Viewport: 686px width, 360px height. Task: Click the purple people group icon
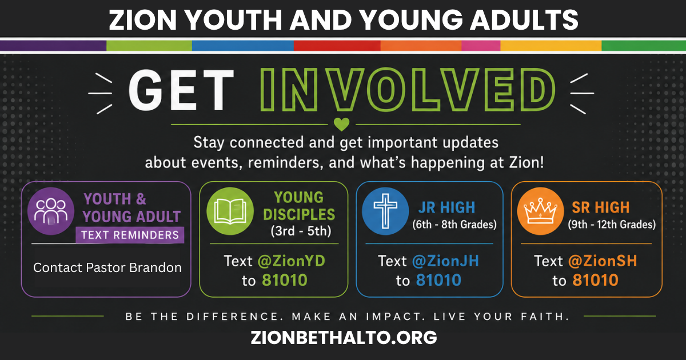tap(51, 211)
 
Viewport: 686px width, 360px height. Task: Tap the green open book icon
tap(230, 211)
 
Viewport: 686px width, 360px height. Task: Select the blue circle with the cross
tap(385, 211)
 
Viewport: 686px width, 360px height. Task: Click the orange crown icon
tap(541, 211)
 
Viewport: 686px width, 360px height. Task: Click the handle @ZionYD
tap(291, 261)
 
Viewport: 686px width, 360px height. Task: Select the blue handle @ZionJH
tap(445, 261)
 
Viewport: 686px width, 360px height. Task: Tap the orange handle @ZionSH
tap(603, 261)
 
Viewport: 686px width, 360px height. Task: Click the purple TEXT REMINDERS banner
tap(130, 235)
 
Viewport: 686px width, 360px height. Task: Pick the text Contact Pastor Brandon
tap(107, 267)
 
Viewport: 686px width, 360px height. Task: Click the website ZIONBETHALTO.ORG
tap(344, 337)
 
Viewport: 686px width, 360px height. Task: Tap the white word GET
tap(181, 90)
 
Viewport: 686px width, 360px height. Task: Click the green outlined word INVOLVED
tap(407, 89)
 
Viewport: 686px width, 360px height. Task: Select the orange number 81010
tap(595, 280)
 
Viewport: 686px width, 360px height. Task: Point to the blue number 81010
tap(438, 280)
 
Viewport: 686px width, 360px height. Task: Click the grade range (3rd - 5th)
tap(301, 231)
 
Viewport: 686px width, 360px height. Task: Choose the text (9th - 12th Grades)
tap(612, 225)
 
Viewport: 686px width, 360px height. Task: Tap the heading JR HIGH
tap(447, 207)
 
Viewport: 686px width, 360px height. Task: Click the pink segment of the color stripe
tap(481, 46)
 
